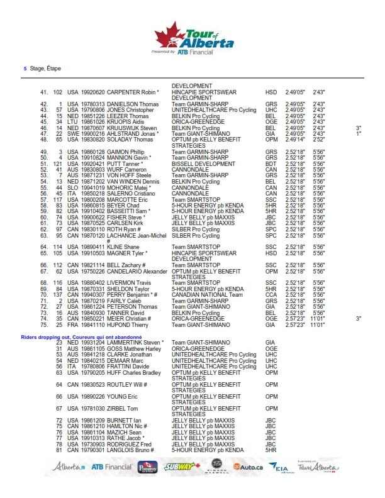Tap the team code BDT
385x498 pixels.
coord(271,164)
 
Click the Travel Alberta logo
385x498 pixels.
coord(321,467)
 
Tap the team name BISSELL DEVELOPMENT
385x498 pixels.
coord(204,164)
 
